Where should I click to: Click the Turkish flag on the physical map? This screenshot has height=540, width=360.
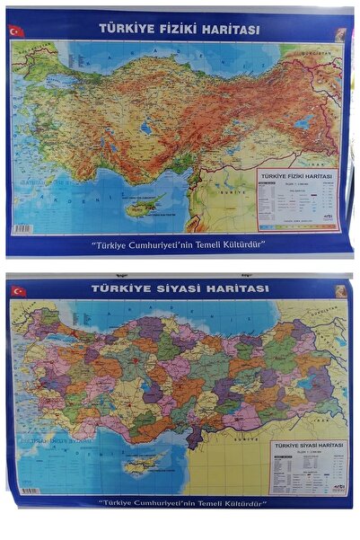click(x=14, y=31)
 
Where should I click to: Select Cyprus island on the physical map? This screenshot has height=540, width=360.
click(x=147, y=207)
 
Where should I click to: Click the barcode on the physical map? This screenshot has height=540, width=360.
click(x=22, y=229)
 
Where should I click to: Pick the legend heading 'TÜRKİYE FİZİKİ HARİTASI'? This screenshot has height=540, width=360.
click(x=295, y=176)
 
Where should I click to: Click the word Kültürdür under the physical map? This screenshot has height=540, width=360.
click(x=235, y=243)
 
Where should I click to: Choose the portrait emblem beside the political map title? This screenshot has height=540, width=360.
click(x=341, y=290)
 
